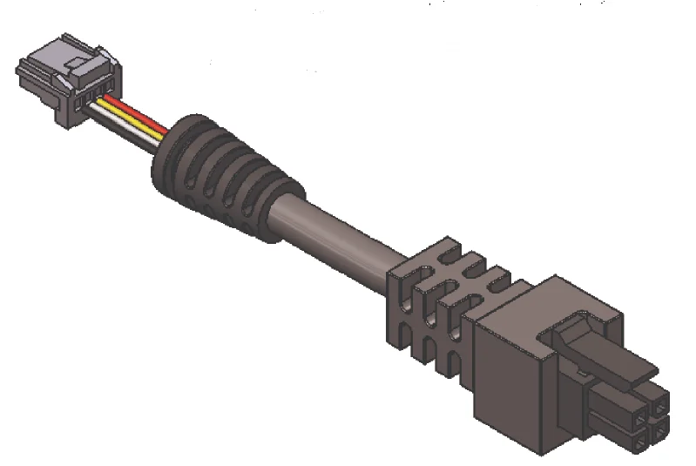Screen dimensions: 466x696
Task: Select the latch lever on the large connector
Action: [601, 348]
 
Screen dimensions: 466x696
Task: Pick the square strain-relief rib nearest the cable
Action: [401, 301]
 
